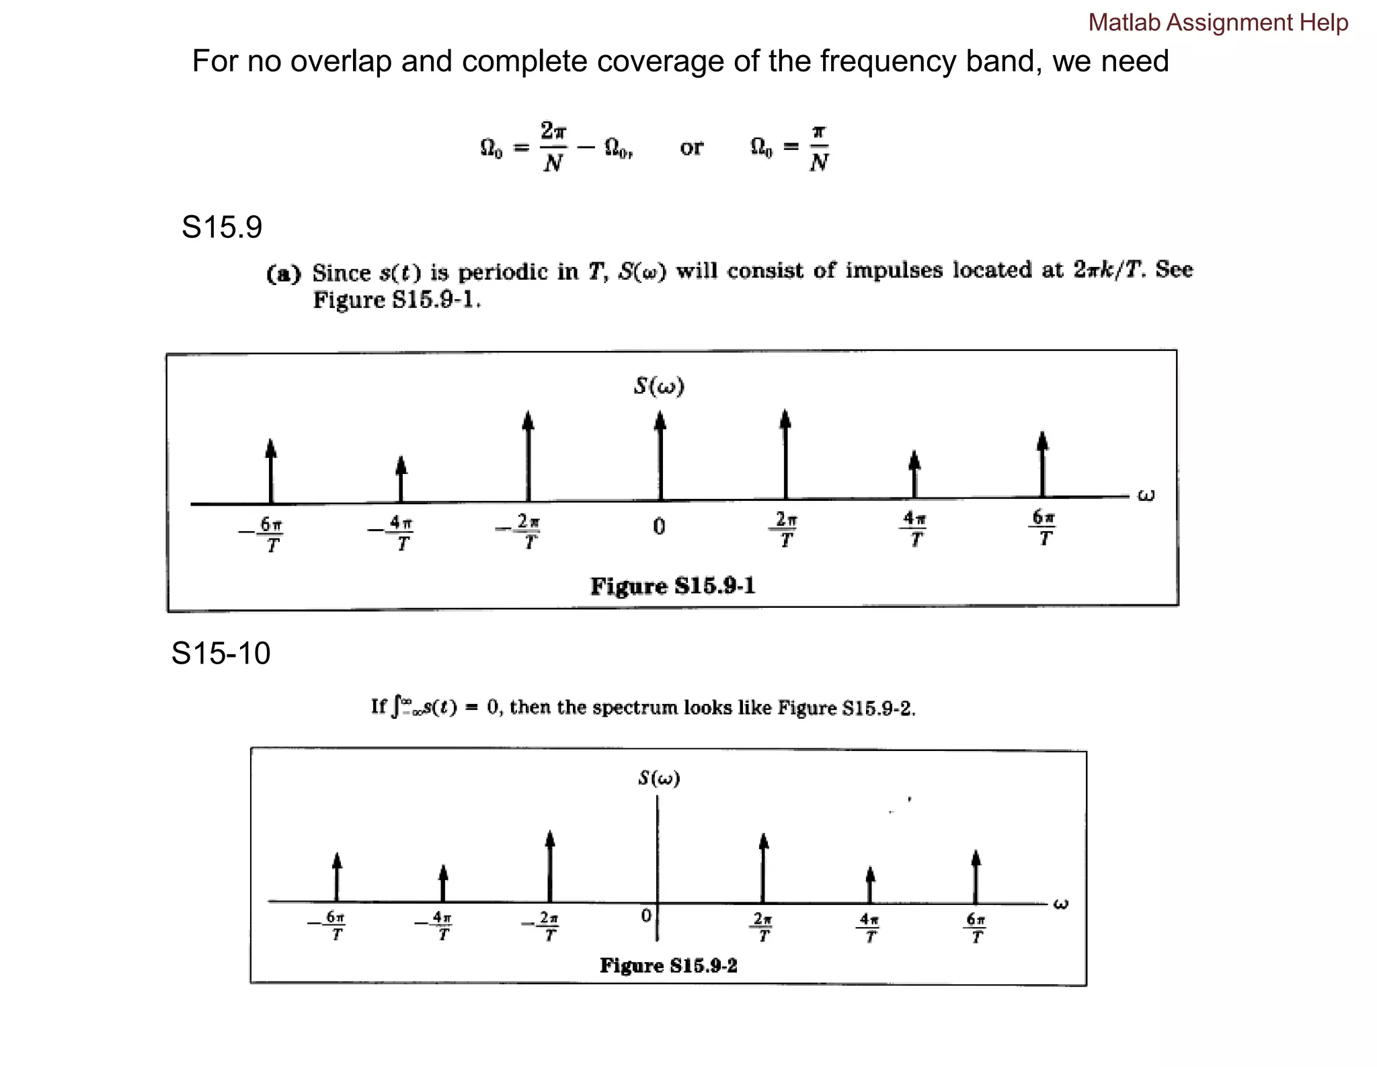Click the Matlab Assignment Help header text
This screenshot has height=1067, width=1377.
point(1218,23)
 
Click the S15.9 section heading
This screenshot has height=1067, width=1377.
point(222,227)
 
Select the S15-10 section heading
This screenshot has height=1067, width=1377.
point(221,654)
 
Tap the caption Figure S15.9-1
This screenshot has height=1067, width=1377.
point(673,586)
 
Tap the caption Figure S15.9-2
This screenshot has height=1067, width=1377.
point(668,965)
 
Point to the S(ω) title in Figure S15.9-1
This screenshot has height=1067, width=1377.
point(659,386)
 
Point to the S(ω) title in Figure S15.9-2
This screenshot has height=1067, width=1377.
point(659,779)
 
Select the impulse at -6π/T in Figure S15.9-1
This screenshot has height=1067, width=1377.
point(271,471)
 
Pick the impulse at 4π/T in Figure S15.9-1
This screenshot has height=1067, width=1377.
point(914,475)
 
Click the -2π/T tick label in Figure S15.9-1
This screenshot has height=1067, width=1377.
point(520,531)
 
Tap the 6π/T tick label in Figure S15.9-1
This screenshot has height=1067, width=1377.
point(1043,528)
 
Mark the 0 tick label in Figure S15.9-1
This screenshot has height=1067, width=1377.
point(659,526)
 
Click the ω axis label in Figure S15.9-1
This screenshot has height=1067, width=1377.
point(1146,496)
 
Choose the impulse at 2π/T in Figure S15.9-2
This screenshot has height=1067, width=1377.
point(763,868)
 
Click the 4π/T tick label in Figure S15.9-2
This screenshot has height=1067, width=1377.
point(870,927)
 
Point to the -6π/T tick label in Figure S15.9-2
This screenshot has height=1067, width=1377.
point(329,926)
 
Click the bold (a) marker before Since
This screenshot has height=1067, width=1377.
point(284,274)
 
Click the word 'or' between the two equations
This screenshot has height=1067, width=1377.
point(691,147)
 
